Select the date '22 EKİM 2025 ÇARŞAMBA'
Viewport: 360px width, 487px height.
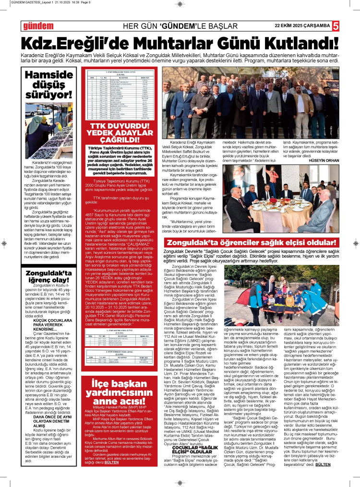coord(302,25)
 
